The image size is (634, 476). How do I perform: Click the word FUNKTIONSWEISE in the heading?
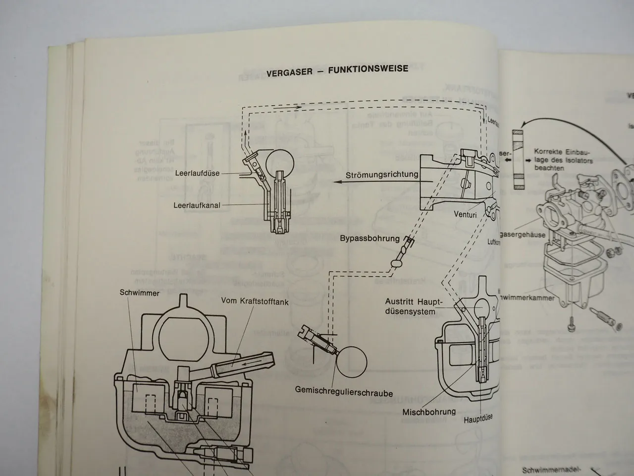pos(369,69)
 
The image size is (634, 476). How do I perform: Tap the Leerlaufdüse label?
pos(197,174)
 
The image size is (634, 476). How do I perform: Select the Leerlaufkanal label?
pos(197,204)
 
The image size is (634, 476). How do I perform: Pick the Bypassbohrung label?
pos(370,238)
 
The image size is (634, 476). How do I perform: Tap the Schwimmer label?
pos(140,293)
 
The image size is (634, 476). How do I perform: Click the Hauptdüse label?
pos(478,418)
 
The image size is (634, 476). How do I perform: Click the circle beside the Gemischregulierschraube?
pos(351,361)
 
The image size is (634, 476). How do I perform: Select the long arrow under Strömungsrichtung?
pos(376,182)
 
